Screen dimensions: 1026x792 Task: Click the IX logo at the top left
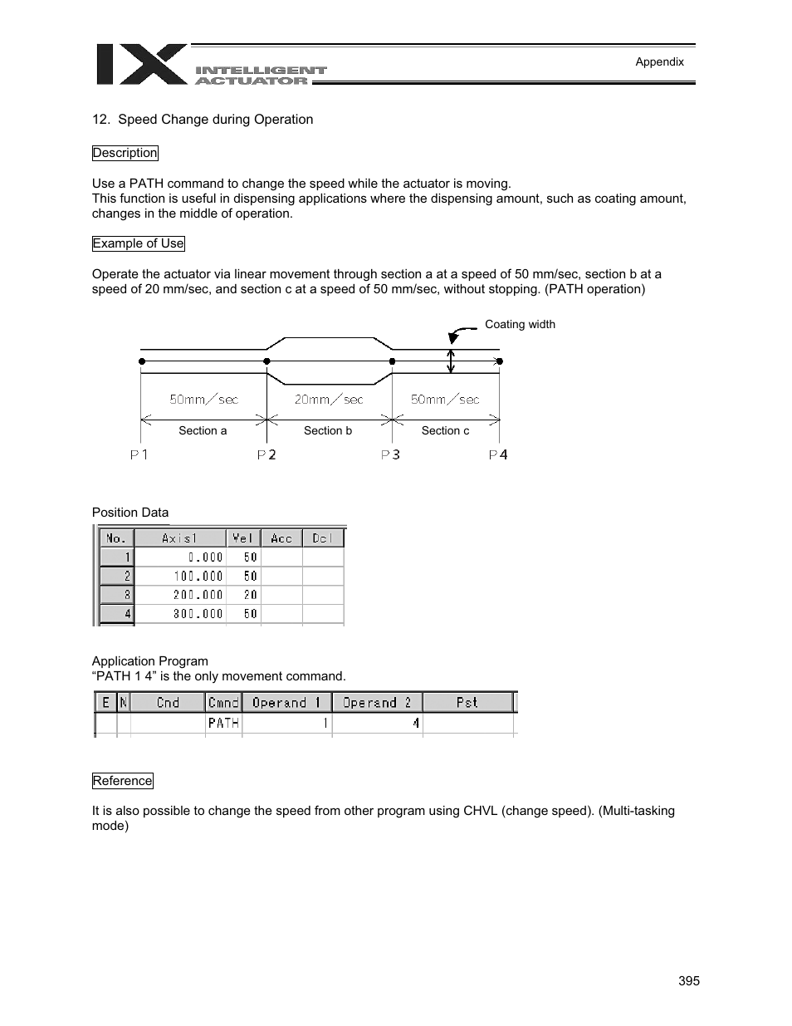coord(141,64)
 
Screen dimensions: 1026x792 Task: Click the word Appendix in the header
coord(659,61)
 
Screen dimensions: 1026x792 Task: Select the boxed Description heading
coord(125,153)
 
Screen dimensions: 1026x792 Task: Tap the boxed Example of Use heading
coord(138,243)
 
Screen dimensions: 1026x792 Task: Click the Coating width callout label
coord(520,324)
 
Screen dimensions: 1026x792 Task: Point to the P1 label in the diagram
coord(139,454)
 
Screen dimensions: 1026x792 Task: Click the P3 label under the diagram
coord(390,454)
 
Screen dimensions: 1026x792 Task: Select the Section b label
coord(328,430)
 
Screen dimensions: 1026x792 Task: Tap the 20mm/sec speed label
coord(329,400)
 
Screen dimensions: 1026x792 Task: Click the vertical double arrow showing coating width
coord(451,361)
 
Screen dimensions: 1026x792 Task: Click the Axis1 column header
coord(180,538)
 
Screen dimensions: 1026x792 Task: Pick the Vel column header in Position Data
coord(243,538)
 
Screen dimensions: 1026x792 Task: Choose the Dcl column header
coord(322,538)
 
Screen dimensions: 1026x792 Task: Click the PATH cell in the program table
coord(223,723)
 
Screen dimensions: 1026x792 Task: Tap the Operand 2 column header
coord(377,703)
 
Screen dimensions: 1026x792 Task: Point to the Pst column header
coord(467,703)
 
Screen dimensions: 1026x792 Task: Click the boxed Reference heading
coord(123,781)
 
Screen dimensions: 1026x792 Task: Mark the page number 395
coord(689,981)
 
